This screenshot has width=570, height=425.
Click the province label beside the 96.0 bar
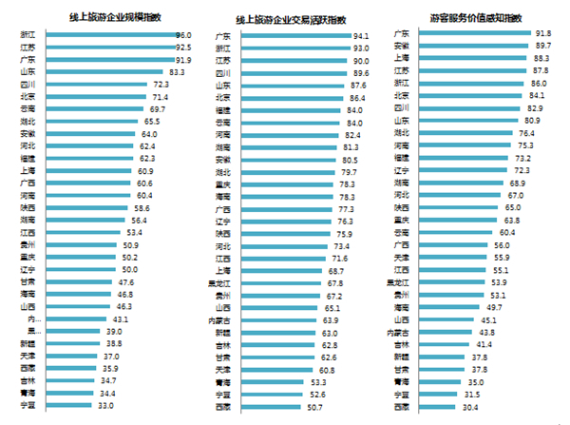[28, 35]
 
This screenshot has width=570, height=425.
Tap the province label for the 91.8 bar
[402, 33]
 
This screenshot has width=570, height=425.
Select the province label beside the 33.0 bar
[28, 406]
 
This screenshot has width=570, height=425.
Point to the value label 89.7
[543, 46]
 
